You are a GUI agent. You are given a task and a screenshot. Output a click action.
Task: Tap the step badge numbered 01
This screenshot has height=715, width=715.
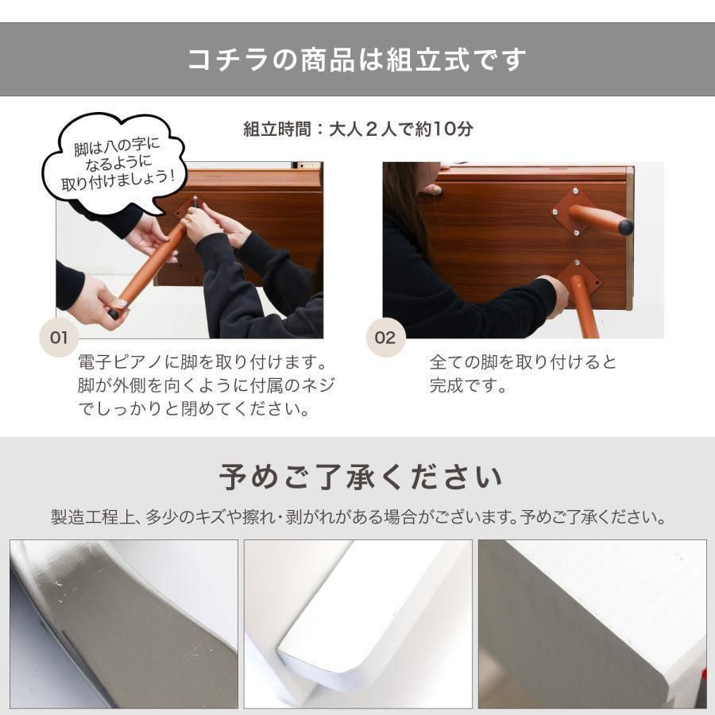tap(59, 338)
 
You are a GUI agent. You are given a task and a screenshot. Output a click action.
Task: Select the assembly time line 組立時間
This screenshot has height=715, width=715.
tap(357, 129)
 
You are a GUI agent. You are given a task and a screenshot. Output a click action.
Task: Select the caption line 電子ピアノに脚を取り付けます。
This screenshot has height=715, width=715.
tap(203, 362)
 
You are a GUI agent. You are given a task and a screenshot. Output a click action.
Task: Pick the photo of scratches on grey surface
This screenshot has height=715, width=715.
tap(124, 624)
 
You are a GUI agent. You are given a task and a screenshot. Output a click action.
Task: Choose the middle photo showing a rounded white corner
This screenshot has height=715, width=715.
tap(357, 624)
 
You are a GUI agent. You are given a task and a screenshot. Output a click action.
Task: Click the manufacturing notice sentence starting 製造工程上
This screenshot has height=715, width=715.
tap(357, 518)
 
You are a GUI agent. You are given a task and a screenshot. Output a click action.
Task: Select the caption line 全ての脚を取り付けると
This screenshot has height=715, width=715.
tap(522, 362)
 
